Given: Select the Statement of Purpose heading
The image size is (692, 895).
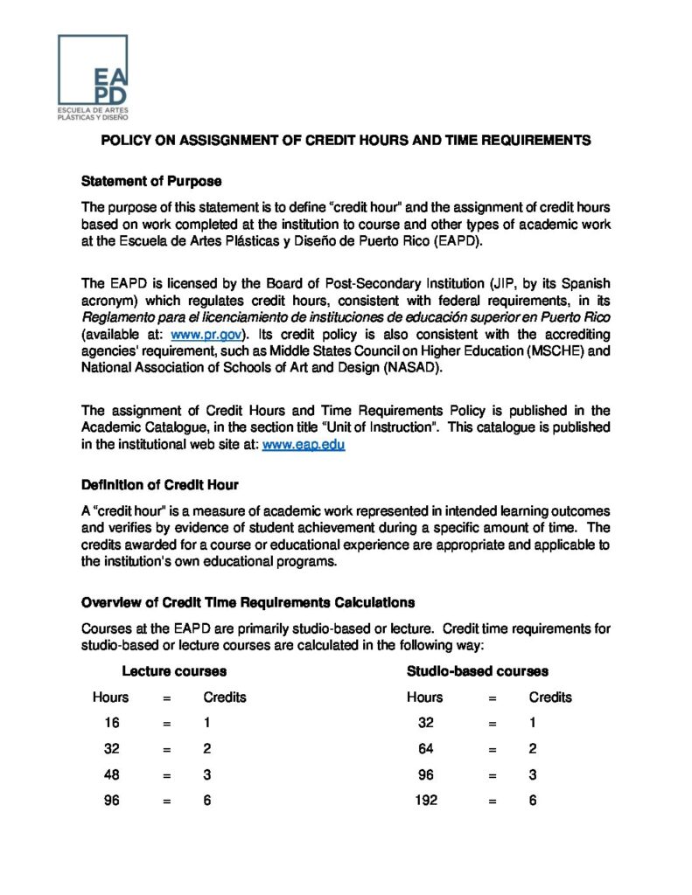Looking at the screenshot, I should (x=151, y=181).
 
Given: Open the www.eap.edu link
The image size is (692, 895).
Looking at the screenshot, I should (x=304, y=444).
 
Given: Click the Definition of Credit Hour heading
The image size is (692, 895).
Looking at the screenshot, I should (x=160, y=484).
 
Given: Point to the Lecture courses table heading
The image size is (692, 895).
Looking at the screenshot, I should (x=174, y=671).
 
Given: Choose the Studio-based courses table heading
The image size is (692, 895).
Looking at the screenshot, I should (x=478, y=671).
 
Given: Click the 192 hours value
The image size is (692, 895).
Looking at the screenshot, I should (x=426, y=800).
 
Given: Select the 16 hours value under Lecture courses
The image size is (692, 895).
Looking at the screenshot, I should (x=111, y=723).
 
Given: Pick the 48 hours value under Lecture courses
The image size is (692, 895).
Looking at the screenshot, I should (x=111, y=774).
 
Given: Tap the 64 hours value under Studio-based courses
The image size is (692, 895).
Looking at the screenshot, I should (x=425, y=749).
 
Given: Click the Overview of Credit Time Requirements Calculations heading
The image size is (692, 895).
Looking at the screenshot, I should (x=248, y=602).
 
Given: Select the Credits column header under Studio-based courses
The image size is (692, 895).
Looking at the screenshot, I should (x=550, y=697).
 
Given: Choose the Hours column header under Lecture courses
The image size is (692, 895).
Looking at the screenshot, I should (x=110, y=697).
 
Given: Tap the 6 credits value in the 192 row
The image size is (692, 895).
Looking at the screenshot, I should (x=533, y=800).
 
